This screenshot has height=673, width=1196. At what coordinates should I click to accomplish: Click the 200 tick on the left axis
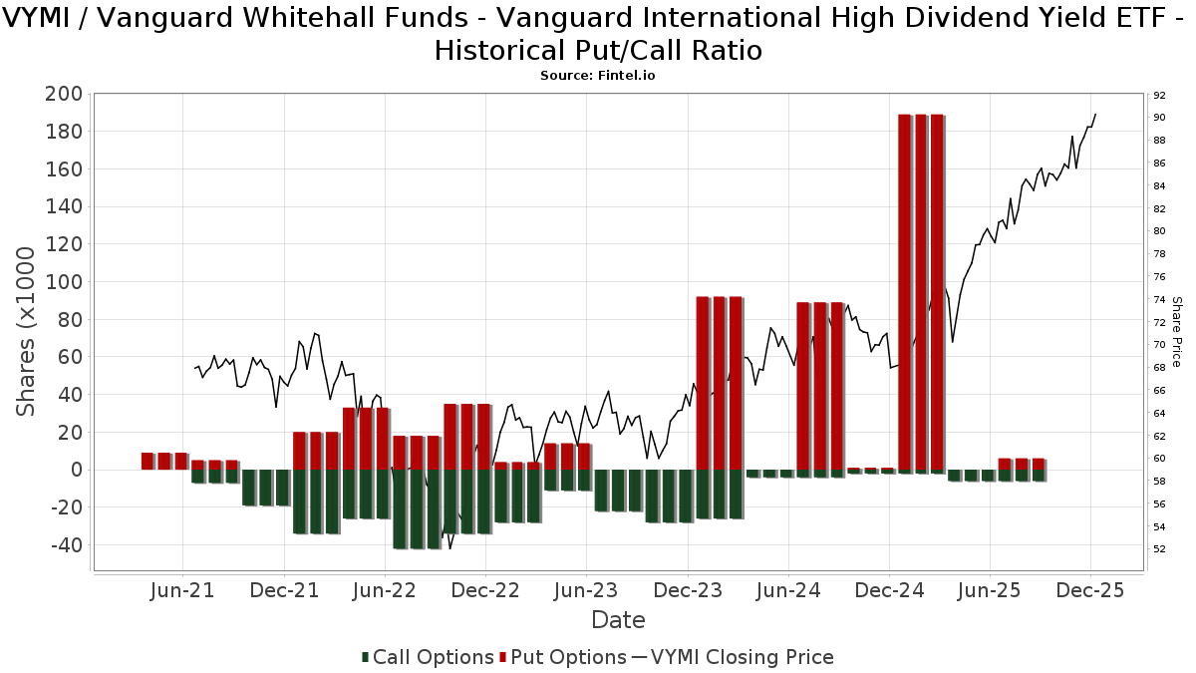[x=63, y=94]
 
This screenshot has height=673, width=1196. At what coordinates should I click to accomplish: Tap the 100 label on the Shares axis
[x=63, y=282]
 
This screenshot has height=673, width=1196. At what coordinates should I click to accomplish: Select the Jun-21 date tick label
[x=183, y=590]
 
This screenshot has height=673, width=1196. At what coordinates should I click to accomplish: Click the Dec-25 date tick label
[x=1089, y=590]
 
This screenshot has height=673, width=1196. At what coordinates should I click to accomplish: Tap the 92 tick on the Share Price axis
[x=1158, y=96]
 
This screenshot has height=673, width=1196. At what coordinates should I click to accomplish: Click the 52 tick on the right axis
[x=1158, y=549]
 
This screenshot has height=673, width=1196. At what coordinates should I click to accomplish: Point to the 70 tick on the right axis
[x=1158, y=345]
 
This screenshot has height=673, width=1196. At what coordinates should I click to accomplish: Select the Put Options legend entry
[x=564, y=657]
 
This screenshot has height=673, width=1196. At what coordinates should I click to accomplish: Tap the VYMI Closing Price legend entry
[x=733, y=657]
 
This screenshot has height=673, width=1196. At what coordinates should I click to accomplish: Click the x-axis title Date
[x=618, y=620]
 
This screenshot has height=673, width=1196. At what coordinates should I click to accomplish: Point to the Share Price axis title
[x=1177, y=331]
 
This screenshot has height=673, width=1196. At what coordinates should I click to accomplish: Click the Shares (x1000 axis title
[x=27, y=332]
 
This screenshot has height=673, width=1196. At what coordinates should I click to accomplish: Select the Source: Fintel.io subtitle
[x=598, y=76]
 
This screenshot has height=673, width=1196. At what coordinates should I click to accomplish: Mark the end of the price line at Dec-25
[x=1095, y=114]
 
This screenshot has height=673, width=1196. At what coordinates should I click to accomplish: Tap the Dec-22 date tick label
[x=485, y=590]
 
